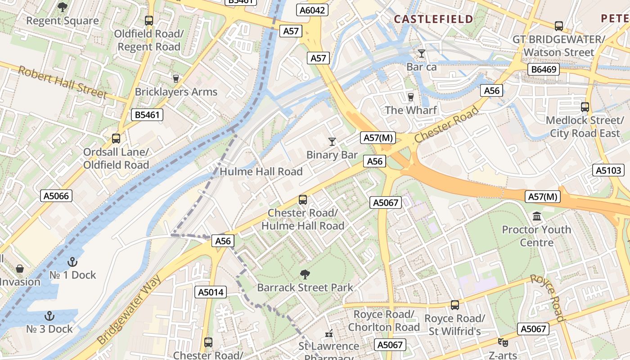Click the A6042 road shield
pos(312,10)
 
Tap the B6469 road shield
pos(543,69)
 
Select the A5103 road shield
pos(608,170)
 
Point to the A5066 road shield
pos(57,196)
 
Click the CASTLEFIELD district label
pos(433,19)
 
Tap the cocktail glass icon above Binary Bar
pos(332,142)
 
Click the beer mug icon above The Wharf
pos(410,97)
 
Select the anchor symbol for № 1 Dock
pos(72,262)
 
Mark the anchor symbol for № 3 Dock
pos(49,316)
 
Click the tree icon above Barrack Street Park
pos(305,274)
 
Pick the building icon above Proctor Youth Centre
pos(536,217)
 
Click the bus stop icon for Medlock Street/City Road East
pos(585,107)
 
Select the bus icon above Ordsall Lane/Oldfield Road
pos(116,139)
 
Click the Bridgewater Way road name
pos(130,310)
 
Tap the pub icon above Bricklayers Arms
pos(176,79)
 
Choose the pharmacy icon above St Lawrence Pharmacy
pos(329,333)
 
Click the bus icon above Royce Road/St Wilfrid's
pos(455,305)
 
